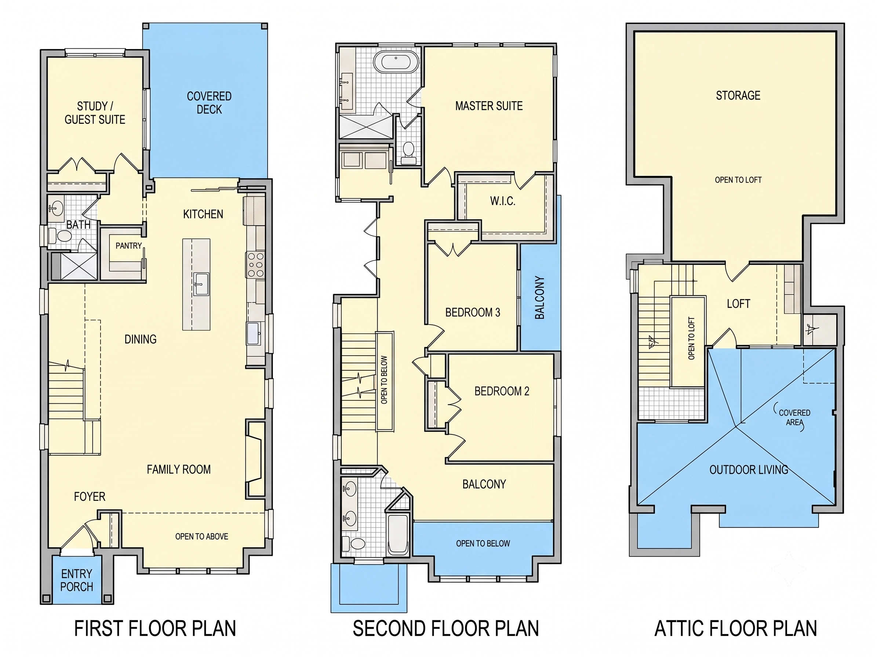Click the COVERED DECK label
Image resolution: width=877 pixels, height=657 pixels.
[209, 103]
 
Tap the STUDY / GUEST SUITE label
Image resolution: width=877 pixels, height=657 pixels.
[95, 113]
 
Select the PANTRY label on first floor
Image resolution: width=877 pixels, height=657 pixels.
[128, 246]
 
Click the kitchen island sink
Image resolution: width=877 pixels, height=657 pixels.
[201, 283]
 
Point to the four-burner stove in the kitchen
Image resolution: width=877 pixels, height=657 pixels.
[256, 265]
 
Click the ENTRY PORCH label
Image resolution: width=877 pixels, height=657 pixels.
[77, 580]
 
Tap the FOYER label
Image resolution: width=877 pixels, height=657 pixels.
[90, 497]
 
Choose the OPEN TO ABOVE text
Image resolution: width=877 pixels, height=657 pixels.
[201, 536]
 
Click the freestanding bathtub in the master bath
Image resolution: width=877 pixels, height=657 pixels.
[396, 61]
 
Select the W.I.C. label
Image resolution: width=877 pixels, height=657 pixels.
[503, 201]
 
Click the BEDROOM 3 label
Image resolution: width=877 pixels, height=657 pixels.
[473, 312]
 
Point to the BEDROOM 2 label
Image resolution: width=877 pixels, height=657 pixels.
[502, 391]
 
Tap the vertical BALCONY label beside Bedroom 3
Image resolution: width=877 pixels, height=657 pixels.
[540, 297]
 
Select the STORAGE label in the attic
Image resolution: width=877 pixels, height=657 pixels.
[738, 95]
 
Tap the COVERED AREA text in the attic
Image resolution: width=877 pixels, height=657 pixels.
[794, 417]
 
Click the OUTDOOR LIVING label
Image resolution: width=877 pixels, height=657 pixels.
[749, 470]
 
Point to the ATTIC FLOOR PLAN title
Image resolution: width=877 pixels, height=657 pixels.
[735, 628]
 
